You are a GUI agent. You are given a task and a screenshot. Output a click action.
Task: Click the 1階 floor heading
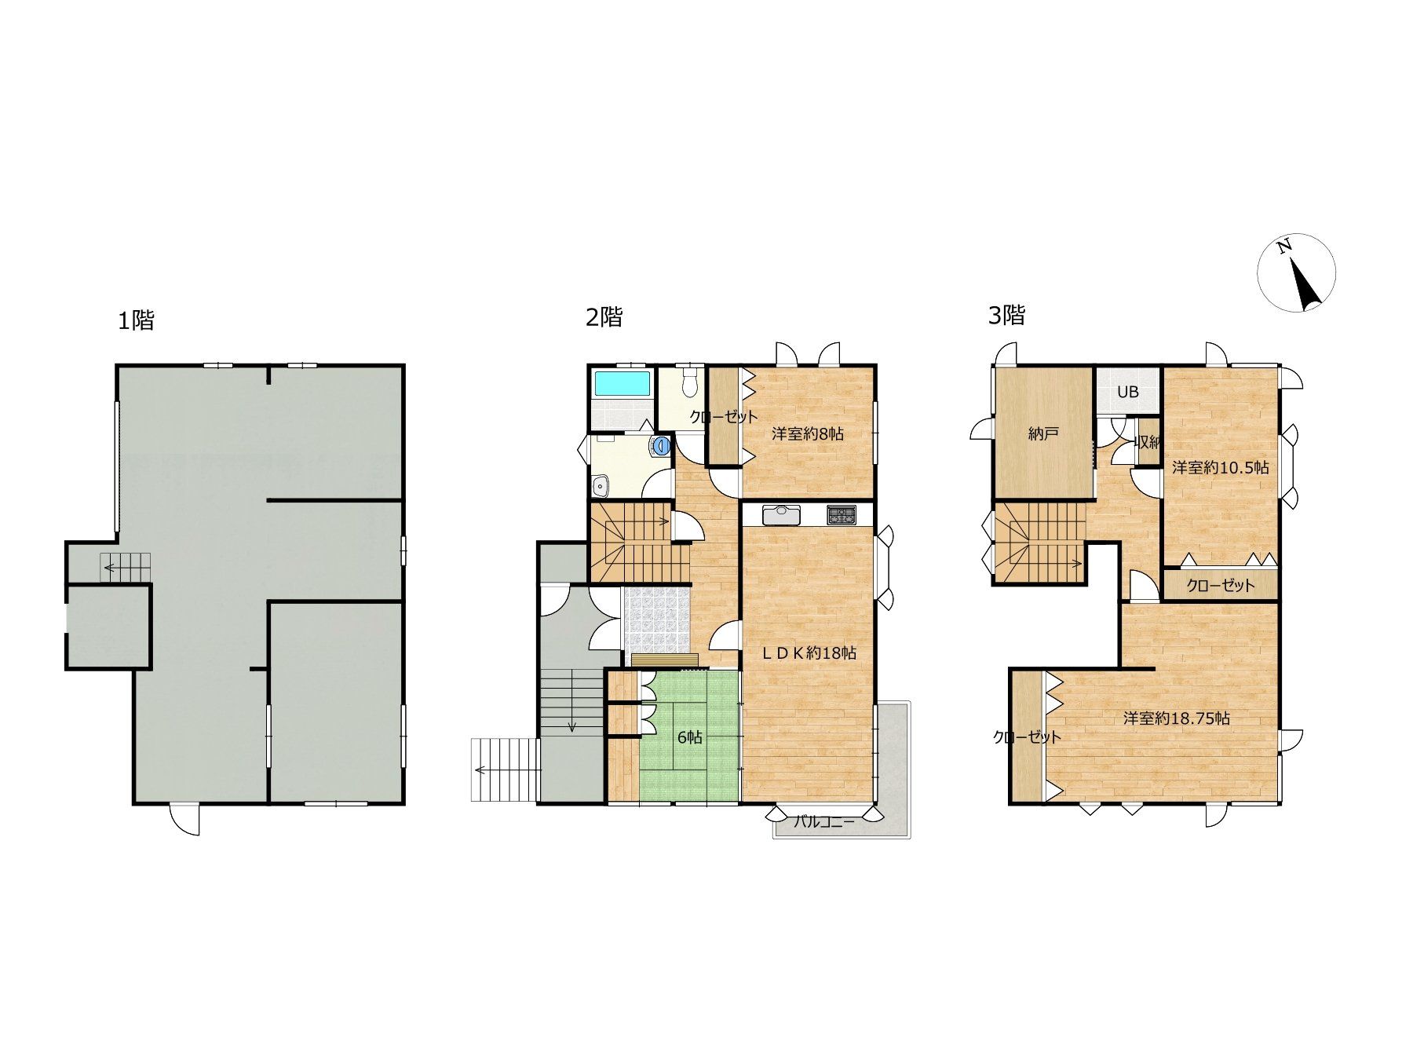(x=136, y=320)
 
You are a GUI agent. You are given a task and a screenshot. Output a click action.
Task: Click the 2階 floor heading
(x=604, y=317)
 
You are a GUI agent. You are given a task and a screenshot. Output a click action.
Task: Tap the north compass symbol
(x=1296, y=272)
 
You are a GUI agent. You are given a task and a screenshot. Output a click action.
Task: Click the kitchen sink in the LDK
(x=780, y=515)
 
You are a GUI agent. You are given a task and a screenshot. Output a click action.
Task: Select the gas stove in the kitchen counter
(x=841, y=515)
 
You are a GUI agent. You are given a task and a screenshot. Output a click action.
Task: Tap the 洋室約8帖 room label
(x=807, y=433)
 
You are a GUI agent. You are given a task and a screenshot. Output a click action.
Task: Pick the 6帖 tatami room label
(x=690, y=737)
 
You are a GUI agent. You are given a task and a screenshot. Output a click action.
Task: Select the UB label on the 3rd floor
(x=1127, y=393)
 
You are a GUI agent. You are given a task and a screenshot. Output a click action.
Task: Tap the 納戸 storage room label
(x=1042, y=433)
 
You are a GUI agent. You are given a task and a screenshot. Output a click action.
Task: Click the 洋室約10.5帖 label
(x=1221, y=468)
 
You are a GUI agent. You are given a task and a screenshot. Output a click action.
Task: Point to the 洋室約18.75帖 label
(x=1176, y=718)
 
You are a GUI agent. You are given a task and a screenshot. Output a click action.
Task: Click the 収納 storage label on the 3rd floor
(x=1147, y=443)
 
